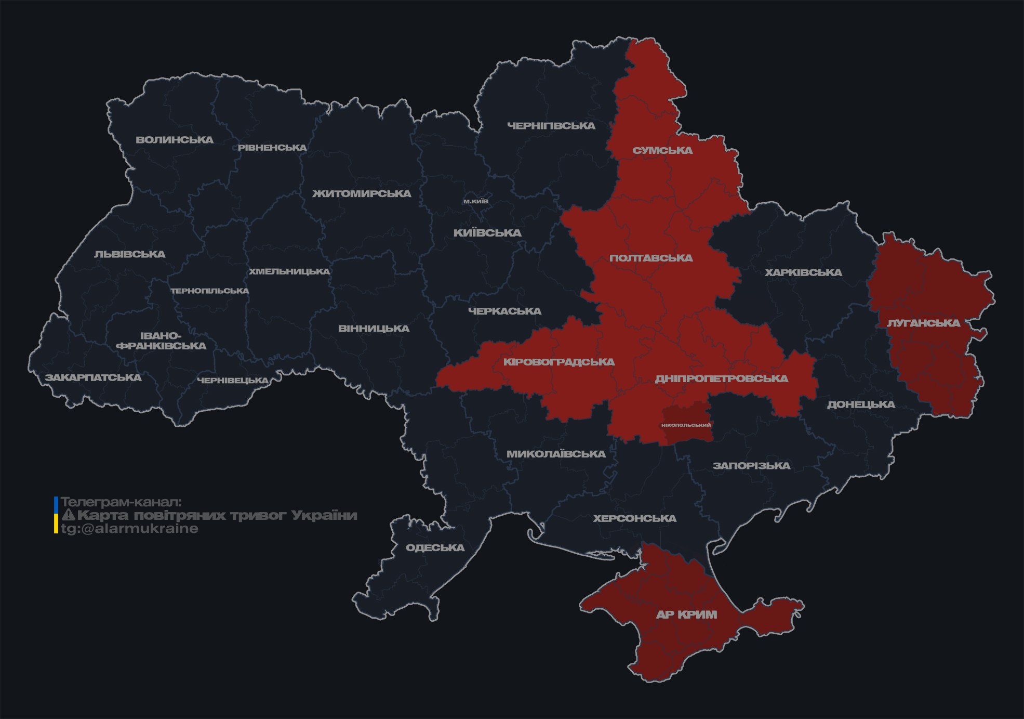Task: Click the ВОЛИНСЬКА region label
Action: click(174, 140)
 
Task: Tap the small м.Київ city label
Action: click(475, 201)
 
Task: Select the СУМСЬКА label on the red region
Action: click(662, 151)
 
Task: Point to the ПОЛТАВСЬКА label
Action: click(651, 258)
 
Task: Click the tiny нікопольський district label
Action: click(686, 425)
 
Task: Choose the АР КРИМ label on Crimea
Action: click(686, 615)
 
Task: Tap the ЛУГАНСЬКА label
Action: click(923, 323)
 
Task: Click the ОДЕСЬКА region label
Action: click(435, 548)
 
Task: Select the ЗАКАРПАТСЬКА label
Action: click(93, 377)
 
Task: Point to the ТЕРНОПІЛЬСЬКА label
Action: click(210, 291)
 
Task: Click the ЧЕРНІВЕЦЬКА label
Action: click(233, 381)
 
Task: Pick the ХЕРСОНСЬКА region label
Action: click(634, 519)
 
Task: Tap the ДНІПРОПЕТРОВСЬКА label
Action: click(721, 378)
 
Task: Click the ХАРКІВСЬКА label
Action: click(803, 273)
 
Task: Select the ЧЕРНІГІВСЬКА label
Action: click(551, 126)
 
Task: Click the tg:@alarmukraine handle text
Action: click(129, 529)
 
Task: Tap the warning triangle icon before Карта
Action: click(68, 515)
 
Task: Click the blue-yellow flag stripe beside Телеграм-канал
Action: click(56, 515)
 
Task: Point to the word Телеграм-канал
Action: click(121, 502)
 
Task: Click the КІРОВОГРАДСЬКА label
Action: click(558, 362)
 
